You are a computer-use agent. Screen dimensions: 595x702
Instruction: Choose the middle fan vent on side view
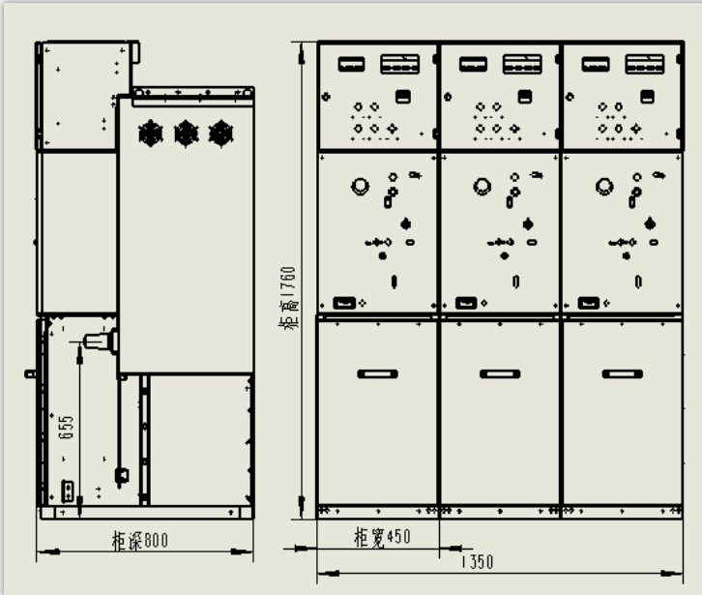pos(187,133)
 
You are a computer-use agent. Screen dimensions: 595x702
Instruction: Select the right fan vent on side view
pos(221,133)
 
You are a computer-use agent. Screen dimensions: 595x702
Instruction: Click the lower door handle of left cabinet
pos(378,373)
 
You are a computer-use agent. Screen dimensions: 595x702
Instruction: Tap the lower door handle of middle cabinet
pos(500,373)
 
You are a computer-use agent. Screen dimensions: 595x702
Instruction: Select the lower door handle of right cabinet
pos(623,373)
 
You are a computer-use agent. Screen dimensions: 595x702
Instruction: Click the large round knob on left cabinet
pos(360,186)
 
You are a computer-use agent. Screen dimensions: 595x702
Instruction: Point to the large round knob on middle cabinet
pos(483,186)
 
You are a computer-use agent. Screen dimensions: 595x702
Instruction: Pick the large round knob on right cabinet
pos(605,186)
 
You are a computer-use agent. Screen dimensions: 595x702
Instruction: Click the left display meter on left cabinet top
pos(351,65)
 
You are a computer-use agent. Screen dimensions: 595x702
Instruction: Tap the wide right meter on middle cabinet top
pos(522,65)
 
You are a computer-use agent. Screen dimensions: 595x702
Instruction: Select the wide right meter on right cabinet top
pos(644,65)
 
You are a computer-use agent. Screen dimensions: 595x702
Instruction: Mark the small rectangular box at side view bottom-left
pos(69,491)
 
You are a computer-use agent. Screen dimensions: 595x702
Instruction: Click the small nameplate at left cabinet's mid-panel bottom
pos(343,303)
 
